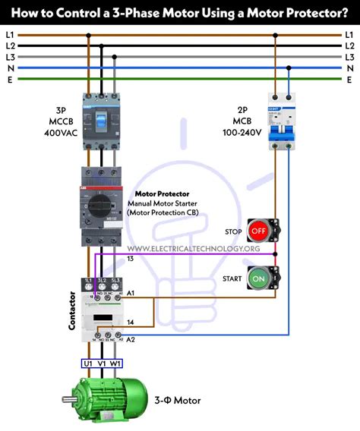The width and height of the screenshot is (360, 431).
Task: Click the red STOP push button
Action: point(259,229)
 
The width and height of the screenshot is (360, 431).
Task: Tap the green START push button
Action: point(259,278)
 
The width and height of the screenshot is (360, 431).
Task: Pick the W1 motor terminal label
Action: point(115,363)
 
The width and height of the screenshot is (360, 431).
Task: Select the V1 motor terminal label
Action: point(102,363)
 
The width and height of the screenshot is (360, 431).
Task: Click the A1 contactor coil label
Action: point(130,293)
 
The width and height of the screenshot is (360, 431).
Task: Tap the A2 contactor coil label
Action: point(130,338)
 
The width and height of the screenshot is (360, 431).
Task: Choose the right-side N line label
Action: point(350,68)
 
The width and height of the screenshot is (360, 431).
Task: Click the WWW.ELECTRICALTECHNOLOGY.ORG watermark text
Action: point(194,249)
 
